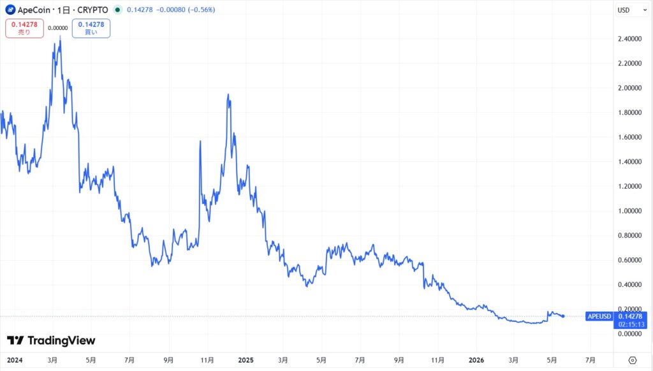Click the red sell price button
(x=25, y=28)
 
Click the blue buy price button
(x=91, y=28)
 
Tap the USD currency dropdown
(x=631, y=10)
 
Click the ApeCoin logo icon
(x=10, y=10)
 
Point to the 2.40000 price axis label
(x=629, y=39)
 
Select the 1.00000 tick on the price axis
(x=629, y=211)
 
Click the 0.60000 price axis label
(x=629, y=260)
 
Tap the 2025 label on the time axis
(x=246, y=360)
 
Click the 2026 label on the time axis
(x=476, y=360)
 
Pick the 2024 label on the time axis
(x=15, y=360)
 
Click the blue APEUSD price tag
(x=599, y=316)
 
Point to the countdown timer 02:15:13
(x=631, y=324)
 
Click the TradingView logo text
(x=61, y=340)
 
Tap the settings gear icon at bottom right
(x=633, y=360)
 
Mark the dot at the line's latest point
(x=564, y=316)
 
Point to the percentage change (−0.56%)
(x=202, y=10)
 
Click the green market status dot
(x=118, y=10)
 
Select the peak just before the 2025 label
(x=228, y=96)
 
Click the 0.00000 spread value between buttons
(x=58, y=28)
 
